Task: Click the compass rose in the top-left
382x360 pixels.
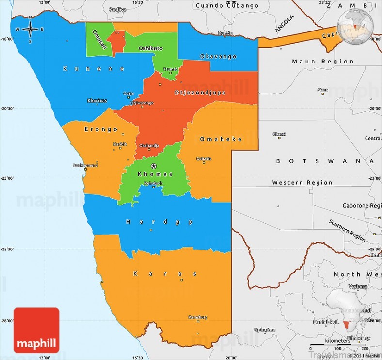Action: coord(30,30)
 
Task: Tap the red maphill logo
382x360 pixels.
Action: coord(36,330)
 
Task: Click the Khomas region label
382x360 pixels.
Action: coord(155,174)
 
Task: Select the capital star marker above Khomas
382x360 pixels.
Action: coord(154,166)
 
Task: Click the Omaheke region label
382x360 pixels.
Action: coord(221,139)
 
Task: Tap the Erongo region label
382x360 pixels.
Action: coord(101,129)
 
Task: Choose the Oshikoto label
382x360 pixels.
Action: coord(151,48)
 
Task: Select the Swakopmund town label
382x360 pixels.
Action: coord(85,165)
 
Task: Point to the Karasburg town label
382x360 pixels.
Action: coord(198,317)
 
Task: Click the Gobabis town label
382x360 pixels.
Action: coord(204,158)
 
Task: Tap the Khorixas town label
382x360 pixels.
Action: coord(97,101)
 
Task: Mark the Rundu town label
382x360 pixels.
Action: coord(225,33)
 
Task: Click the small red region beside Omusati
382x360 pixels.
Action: coord(116,42)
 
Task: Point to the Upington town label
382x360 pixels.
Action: coord(268,329)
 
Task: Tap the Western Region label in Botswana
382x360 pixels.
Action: coord(302,183)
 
